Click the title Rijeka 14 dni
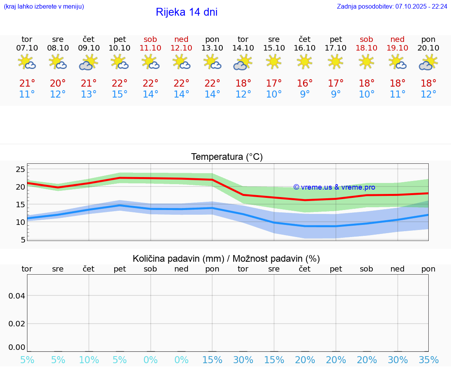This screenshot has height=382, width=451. (x=186, y=12)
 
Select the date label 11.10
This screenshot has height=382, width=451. (x=150, y=48)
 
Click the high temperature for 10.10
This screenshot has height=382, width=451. (x=119, y=83)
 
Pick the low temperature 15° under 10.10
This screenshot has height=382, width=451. (x=119, y=94)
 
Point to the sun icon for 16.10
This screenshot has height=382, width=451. (x=305, y=62)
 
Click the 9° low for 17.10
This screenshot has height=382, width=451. (x=336, y=94)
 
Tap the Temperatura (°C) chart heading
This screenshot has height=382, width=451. (x=227, y=157)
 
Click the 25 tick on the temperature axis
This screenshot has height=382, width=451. (x=20, y=169)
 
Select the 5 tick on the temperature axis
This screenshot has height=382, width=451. (x=23, y=239)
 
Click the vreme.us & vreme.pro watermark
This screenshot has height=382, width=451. (x=334, y=187)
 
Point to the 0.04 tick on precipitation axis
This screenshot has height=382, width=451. (x=17, y=296)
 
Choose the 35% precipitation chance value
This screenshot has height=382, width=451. (x=428, y=360)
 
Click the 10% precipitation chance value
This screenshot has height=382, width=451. (x=89, y=360)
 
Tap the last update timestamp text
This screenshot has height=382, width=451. (x=392, y=7)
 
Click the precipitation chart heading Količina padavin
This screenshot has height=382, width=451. (x=226, y=259)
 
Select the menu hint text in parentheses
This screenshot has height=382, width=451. (x=44, y=7)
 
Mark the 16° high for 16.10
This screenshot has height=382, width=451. (x=305, y=83)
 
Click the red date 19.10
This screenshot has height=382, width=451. (x=397, y=48)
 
